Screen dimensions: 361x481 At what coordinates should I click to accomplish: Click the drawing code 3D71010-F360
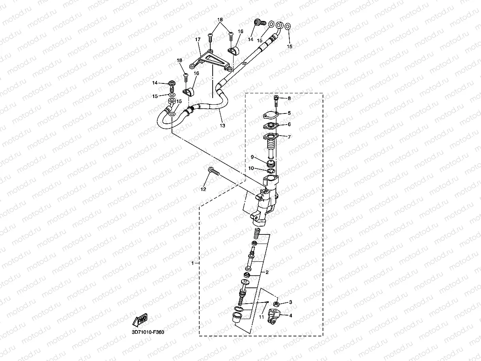point(148,332)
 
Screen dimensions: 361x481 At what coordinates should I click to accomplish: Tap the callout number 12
point(203,189)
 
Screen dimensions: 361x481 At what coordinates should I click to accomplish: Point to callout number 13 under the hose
point(223,126)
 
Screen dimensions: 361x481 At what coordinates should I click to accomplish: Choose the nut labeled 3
point(277,304)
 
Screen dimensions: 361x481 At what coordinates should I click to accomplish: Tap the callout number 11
point(261,317)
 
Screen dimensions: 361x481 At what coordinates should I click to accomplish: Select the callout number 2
point(267,272)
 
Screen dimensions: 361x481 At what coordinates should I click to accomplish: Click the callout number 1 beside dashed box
point(192,263)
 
